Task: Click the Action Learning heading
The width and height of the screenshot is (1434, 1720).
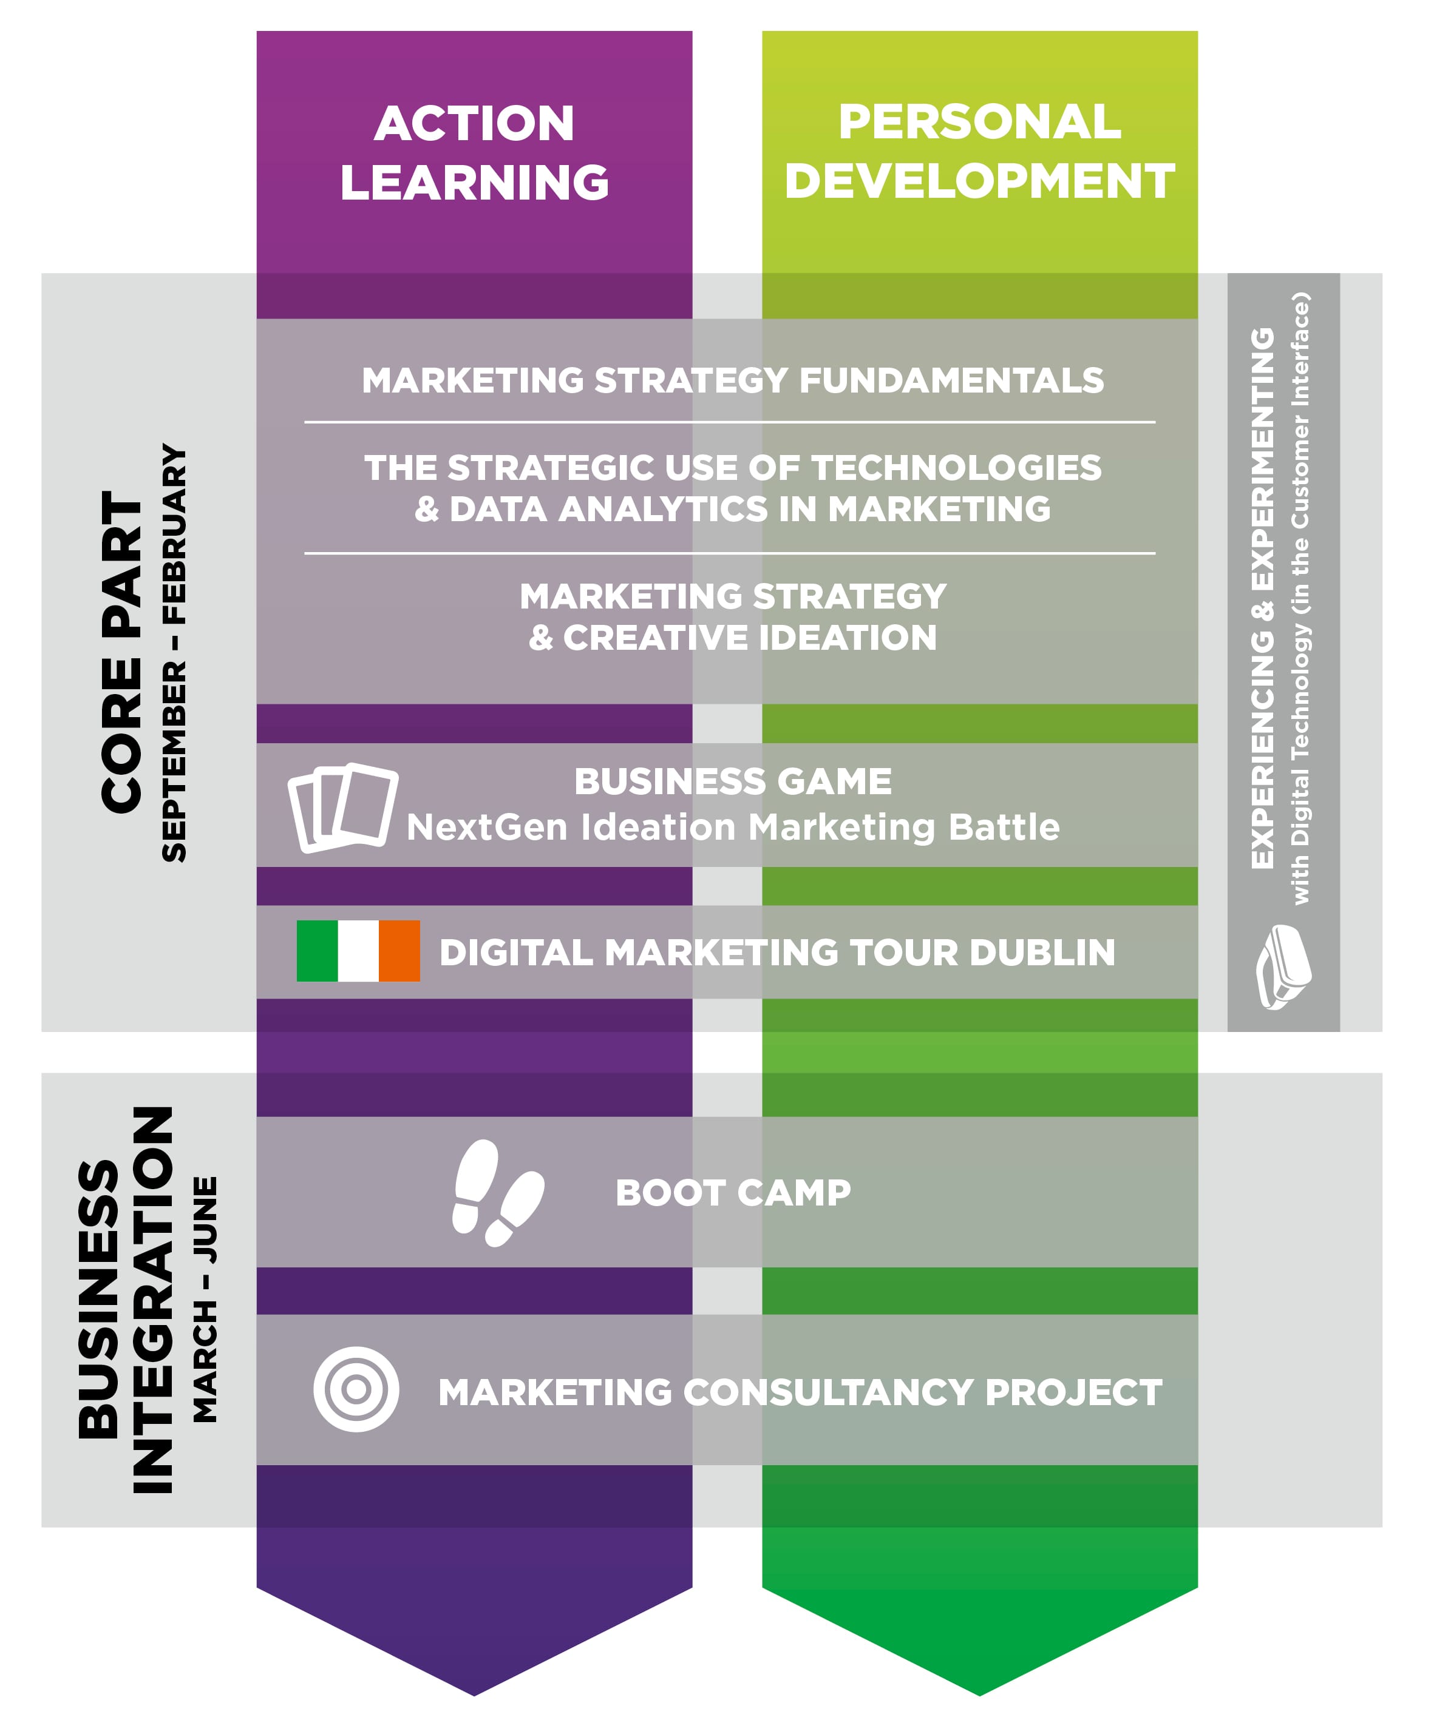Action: click(x=474, y=152)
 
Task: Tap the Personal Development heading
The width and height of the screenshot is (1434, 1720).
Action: click(x=979, y=152)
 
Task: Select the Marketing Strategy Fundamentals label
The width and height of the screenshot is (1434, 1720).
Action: click(x=733, y=381)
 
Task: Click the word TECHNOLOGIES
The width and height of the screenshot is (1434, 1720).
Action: click(x=956, y=468)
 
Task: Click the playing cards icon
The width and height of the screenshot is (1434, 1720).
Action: click(x=342, y=808)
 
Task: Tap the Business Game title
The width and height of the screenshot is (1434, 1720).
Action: click(x=733, y=781)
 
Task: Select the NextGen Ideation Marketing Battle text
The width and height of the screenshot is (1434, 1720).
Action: click(x=733, y=828)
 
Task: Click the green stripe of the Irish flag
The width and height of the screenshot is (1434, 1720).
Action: click(x=317, y=951)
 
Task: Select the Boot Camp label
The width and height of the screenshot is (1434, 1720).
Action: click(x=733, y=1193)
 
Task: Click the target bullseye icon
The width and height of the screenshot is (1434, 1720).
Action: click(x=356, y=1389)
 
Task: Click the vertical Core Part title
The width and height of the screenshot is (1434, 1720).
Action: click(x=123, y=652)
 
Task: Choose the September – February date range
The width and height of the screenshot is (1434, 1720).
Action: click(x=174, y=652)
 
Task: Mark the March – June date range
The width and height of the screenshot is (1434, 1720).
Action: click(x=206, y=1300)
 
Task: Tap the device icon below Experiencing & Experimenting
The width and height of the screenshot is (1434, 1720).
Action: click(x=1283, y=967)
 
